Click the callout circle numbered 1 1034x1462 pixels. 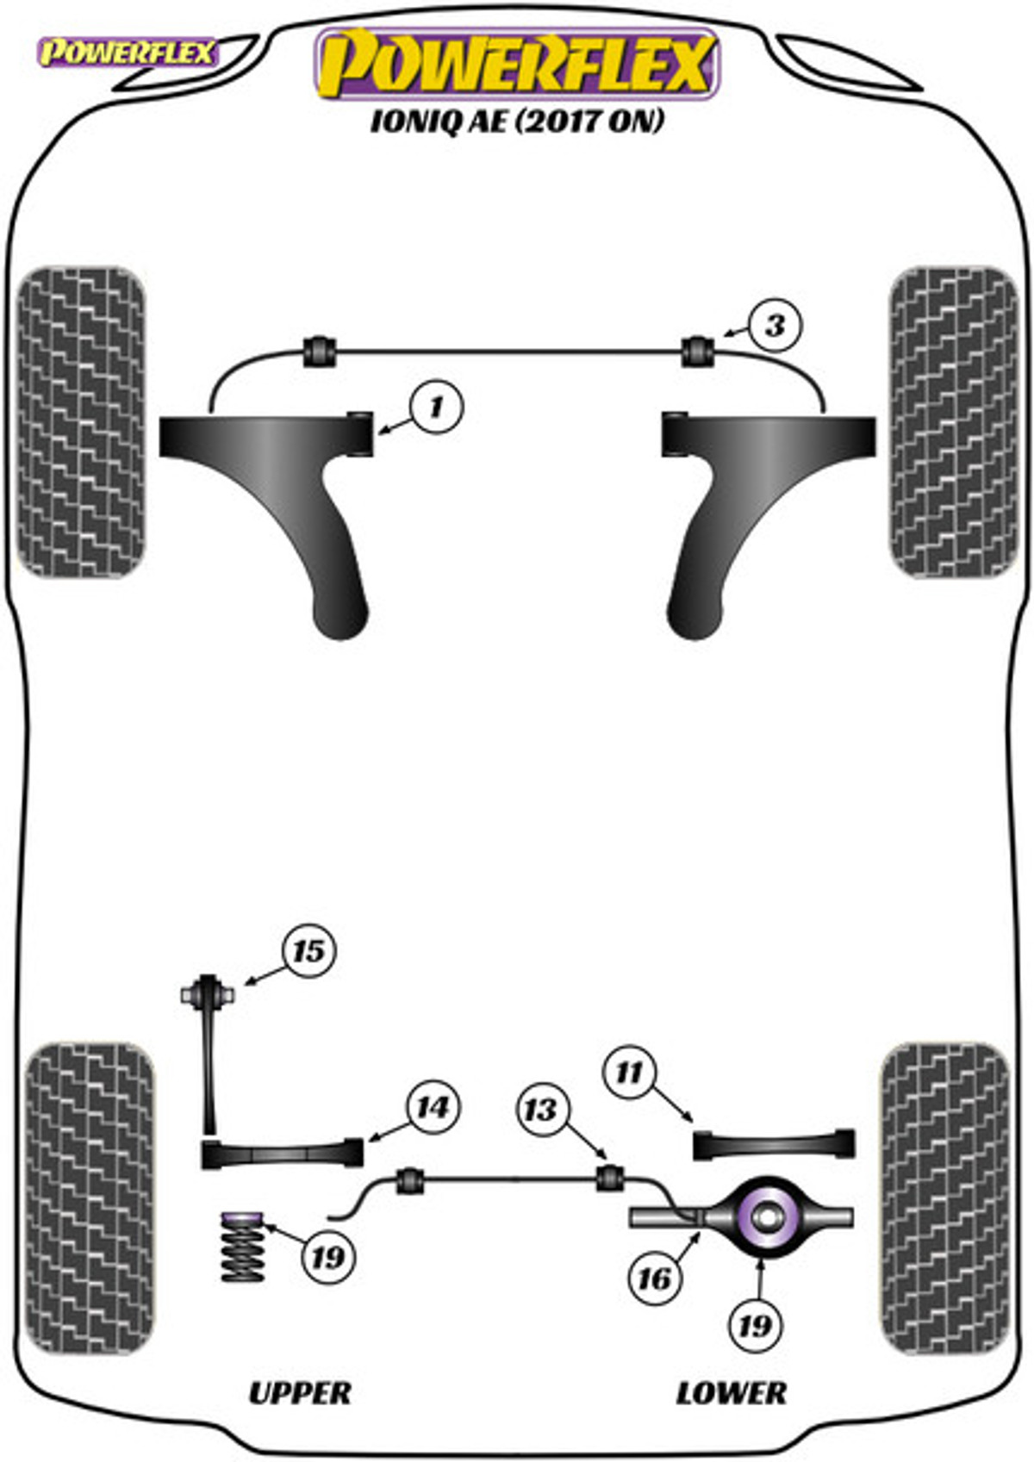tap(437, 406)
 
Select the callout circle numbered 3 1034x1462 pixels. tap(775, 326)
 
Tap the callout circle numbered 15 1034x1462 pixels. tap(308, 951)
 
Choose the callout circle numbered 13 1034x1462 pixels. tap(541, 1109)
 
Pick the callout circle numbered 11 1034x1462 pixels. tap(629, 1073)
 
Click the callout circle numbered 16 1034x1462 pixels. tap(654, 1278)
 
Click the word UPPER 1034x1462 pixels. tap(300, 1393)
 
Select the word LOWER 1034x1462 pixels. tap(731, 1393)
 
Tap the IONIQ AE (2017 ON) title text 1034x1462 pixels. tap(517, 121)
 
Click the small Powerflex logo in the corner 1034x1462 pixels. tap(127, 53)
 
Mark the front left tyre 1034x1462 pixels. tap(81, 422)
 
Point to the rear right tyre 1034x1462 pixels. tap(944, 1198)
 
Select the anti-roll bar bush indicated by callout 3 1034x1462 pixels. tap(698, 351)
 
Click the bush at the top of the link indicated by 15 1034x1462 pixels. tap(208, 993)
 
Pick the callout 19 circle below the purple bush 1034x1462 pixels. tap(755, 1323)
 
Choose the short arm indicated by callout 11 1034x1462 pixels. tap(774, 1143)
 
